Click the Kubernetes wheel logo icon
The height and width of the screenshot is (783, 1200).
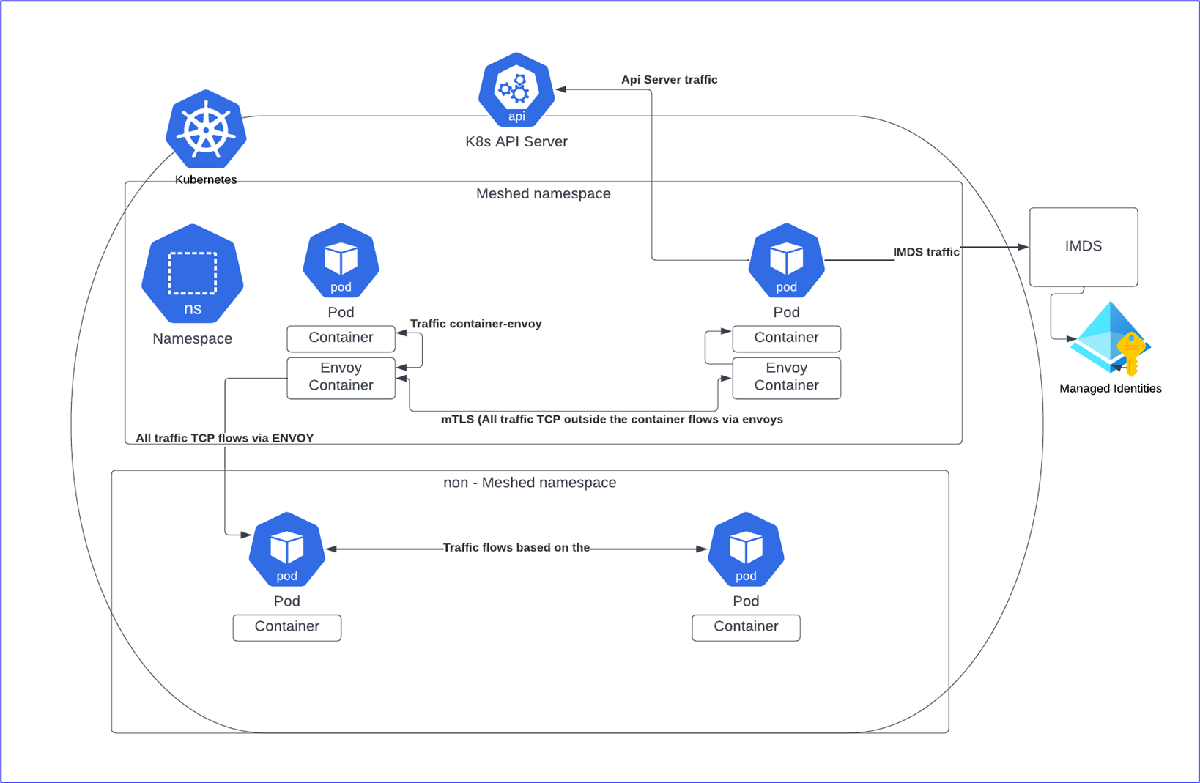(206, 130)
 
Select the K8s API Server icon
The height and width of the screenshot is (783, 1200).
(516, 89)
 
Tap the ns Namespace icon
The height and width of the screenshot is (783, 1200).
(193, 274)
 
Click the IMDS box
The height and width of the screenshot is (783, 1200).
(1083, 247)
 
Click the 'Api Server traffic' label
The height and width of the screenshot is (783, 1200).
(669, 80)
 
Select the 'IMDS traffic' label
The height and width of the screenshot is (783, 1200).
(925, 252)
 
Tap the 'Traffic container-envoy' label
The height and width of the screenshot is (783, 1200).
(475, 324)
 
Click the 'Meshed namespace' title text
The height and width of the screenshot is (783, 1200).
(543, 194)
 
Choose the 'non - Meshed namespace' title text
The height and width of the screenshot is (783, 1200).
(530, 483)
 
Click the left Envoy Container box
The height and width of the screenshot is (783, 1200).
(341, 377)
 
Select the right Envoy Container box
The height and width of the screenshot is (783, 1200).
(786, 377)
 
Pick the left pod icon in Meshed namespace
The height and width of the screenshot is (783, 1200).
(341, 261)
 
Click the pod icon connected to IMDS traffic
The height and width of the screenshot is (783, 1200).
(786, 261)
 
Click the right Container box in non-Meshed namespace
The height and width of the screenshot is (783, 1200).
(746, 627)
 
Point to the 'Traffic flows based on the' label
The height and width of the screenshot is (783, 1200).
(516, 548)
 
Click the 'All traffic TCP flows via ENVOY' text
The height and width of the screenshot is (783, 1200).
(224, 438)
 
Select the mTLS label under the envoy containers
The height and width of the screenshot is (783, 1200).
(612, 420)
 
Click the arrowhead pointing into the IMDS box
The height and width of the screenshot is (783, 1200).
(1023, 247)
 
